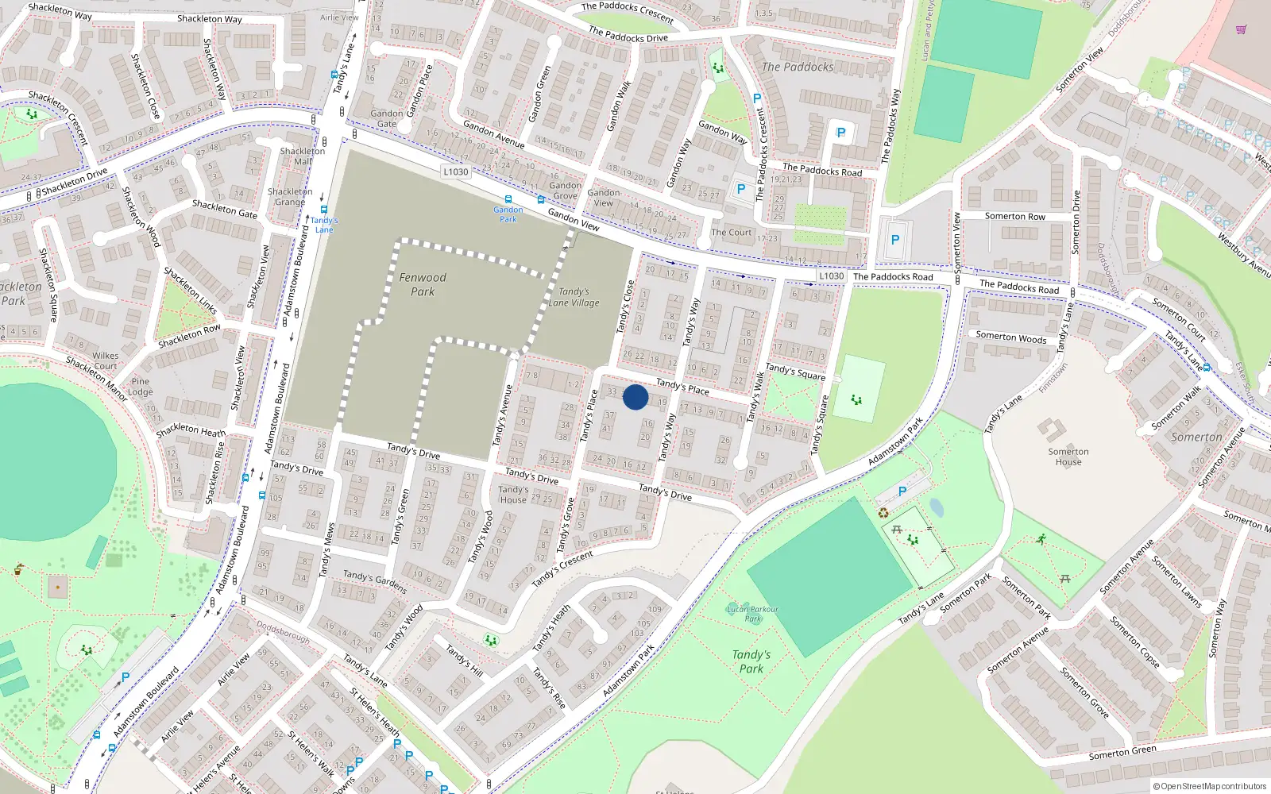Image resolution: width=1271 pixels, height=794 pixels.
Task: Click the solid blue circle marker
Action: pos(635,397)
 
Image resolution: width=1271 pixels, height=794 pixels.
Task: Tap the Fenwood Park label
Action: pos(423,284)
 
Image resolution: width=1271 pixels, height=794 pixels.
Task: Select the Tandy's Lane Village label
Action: pos(574,297)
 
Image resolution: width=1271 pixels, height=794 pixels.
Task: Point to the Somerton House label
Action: pos(1068,457)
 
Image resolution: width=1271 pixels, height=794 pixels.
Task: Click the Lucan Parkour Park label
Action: pos(752,613)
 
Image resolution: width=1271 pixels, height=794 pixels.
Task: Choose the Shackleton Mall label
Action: pos(302,156)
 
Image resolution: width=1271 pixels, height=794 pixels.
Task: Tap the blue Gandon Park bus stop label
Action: pos(508,214)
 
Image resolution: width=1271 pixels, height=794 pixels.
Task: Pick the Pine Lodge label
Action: pos(141,386)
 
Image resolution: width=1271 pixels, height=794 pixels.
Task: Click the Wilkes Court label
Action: pos(106,360)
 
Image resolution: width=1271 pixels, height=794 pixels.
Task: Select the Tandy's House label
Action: pos(513,495)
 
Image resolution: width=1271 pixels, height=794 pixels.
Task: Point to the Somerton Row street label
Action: pos(1015,216)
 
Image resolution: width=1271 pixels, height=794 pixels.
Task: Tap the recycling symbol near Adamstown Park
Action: pos(883,512)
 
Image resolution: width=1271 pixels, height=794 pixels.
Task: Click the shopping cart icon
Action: pos(1241,29)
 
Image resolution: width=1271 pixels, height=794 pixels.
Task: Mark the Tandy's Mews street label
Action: pos(326,550)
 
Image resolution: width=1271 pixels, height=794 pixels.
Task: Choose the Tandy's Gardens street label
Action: pos(375,581)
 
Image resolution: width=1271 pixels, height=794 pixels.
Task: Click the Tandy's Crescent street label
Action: pos(562,569)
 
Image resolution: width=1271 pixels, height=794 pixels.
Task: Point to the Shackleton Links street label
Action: pos(190,290)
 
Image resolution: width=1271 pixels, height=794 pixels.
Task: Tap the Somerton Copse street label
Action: pos(1134,642)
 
